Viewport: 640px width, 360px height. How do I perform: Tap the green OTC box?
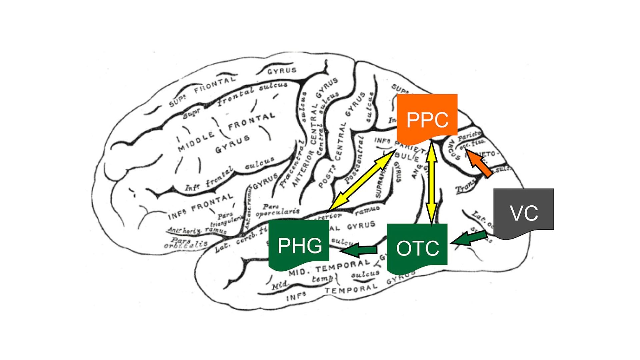coord(417,247)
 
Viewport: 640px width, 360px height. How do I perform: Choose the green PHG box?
coord(299,245)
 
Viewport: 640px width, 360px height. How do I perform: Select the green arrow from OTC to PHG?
coord(358,250)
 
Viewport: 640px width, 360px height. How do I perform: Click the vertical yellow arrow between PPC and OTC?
coord(432,182)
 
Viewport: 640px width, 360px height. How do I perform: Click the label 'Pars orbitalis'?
coord(185,243)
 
